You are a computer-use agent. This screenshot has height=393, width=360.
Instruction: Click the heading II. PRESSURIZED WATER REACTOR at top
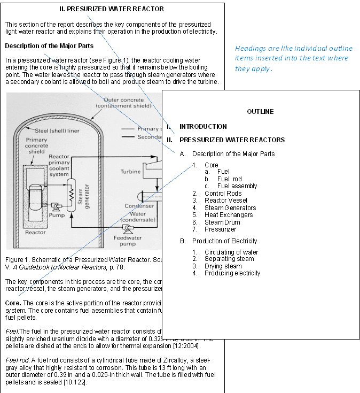[x=112, y=9]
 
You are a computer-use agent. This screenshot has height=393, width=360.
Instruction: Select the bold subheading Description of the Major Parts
[x=49, y=46]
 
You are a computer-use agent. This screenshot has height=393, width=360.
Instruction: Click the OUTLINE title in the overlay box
[x=260, y=112]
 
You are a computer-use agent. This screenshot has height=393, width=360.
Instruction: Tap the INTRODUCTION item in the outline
[x=203, y=127]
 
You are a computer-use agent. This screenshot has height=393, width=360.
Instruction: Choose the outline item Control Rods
[x=223, y=194]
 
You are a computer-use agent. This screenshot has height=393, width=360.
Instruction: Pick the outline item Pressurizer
[x=220, y=229]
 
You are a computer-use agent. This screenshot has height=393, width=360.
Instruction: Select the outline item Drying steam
[x=223, y=266]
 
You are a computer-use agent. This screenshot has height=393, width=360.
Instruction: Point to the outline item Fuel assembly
[x=237, y=186]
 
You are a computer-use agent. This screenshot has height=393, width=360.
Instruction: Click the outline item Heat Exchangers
[x=229, y=215]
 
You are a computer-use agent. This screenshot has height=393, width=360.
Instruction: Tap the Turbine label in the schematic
[x=130, y=172]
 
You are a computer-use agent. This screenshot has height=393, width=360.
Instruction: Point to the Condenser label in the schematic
[x=139, y=206]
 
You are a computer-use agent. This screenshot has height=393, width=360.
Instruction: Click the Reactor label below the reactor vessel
[x=36, y=233]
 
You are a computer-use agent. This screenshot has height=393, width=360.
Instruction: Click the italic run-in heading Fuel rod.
[x=17, y=360]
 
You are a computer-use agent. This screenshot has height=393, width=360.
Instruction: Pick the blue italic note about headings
[x=293, y=58]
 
